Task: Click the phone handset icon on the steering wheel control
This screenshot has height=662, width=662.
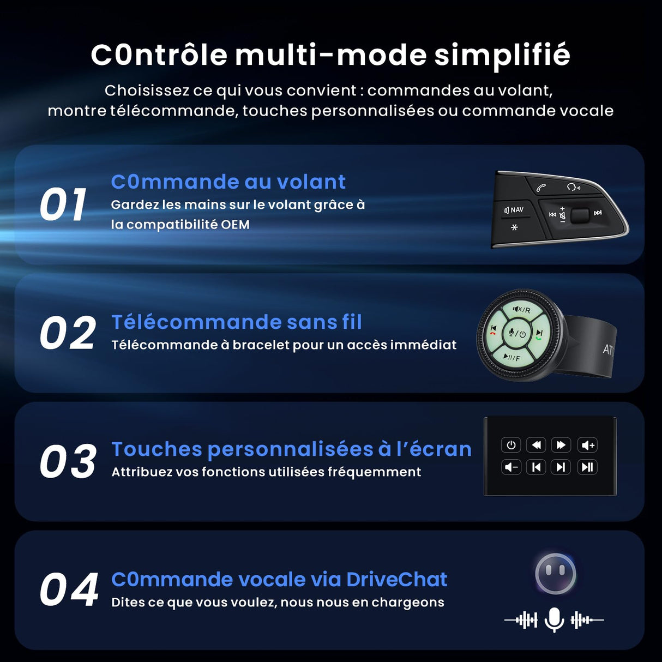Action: point(541,188)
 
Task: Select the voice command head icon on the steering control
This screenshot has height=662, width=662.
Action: point(573,187)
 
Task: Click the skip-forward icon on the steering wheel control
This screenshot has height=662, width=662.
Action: point(598,213)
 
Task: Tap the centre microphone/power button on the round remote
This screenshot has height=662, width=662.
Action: point(516,334)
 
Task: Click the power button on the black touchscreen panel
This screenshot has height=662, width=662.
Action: point(511,445)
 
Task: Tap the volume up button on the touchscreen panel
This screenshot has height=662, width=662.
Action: point(588,445)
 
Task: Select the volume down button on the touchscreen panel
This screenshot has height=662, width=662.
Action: point(511,467)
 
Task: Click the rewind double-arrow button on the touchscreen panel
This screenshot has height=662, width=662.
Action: point(536,445)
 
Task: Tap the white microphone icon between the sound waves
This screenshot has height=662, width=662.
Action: point(554,619)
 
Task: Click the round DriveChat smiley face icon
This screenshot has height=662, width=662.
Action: point(556,573)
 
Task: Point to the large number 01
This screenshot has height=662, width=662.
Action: point(63,205)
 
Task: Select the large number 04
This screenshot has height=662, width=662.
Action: point(69,590)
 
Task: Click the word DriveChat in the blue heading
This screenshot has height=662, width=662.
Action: point(396,579)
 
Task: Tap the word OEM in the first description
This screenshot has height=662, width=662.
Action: point(235,225)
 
